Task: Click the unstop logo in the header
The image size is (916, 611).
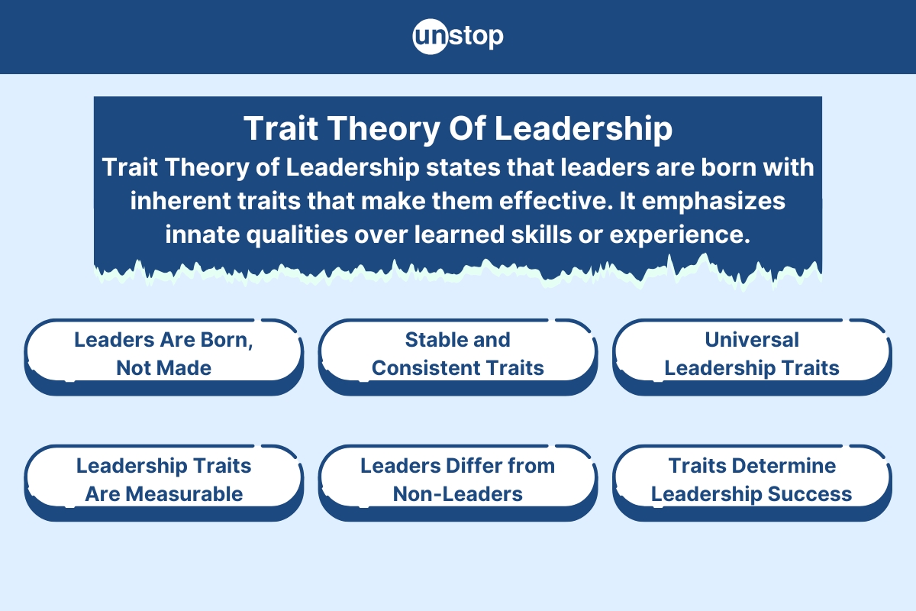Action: (x=458, y=37)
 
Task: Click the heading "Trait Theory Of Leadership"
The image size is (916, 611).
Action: (x=458, y=128)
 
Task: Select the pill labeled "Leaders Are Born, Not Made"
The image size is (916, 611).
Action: (x=163, y=357)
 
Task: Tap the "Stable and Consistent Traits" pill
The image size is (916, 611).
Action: (x=458, y=357)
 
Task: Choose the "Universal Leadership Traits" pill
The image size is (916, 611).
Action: (x=752, y=357)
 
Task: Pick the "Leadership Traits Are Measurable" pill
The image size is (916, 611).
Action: (x=163, y=483)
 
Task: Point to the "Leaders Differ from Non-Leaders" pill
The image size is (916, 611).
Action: (x=458, y=483)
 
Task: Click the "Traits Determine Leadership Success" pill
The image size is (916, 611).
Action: (x=752, y=483)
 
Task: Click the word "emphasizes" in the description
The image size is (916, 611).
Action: (x=714, y=202)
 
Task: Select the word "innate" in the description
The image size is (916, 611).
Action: (x=202, y=234)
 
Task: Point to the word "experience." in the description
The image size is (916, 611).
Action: (x=679, y=236)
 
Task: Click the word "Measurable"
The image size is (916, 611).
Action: (x=184, y=494)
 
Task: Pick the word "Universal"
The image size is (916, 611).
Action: (x=752, y=340)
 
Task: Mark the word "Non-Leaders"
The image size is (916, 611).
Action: (x=457, y=494)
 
